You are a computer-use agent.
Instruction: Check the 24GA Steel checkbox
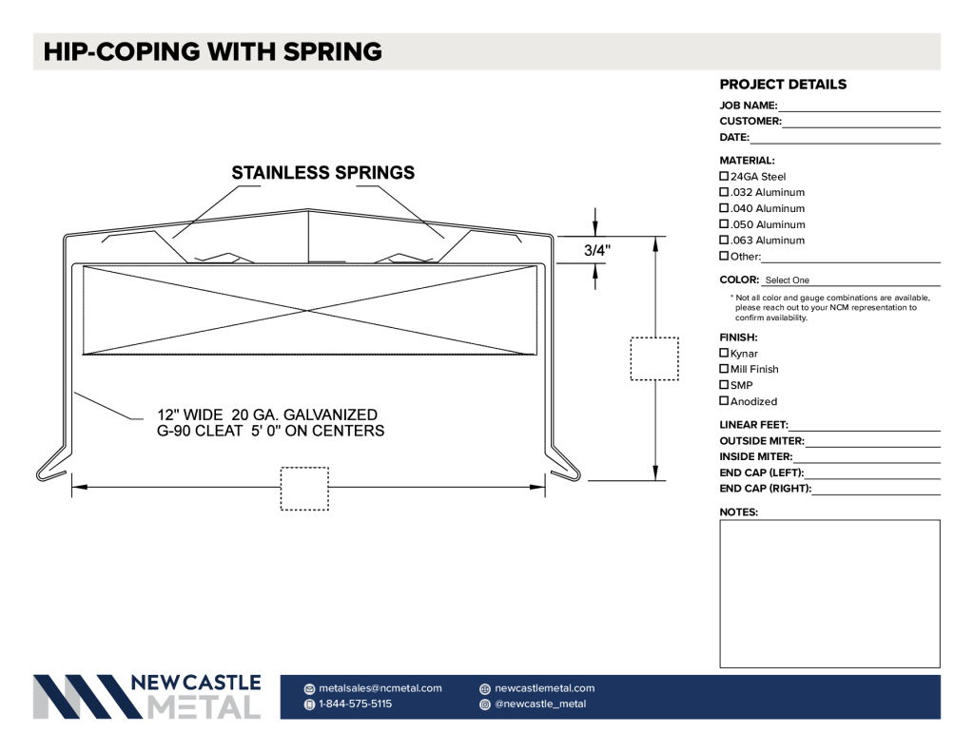tap(724, 177)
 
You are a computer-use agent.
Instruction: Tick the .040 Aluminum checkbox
tap(724, 208)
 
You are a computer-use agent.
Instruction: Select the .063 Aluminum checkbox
tap(724, 240)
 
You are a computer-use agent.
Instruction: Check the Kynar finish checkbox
tap(724, 353)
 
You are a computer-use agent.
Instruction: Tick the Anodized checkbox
tap(724, 400)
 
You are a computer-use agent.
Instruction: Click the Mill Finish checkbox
tap(724, 369)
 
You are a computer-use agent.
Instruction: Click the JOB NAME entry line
tap(860, 111)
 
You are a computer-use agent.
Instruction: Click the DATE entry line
tap(846, 143)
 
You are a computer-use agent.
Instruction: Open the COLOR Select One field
tap(851, 280)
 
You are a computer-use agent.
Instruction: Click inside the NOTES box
tap(829, 593)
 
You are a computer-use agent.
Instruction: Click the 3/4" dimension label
tap(597, 250)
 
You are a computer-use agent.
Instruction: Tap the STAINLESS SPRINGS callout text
tap(323, 173)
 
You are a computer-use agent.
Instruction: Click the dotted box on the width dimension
tap(304, 489)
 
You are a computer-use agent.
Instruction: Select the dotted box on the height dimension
tap(654, 359)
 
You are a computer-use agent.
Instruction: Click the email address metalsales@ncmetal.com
tap(380, 688)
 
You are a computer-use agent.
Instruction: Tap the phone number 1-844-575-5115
tap(356, 704)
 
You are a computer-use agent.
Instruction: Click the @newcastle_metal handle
tap(540, 704)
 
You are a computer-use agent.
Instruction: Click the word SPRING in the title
tap(333, 51)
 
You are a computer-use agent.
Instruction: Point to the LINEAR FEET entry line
tap(865, 430)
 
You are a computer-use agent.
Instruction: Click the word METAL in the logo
tap(204, 707)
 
